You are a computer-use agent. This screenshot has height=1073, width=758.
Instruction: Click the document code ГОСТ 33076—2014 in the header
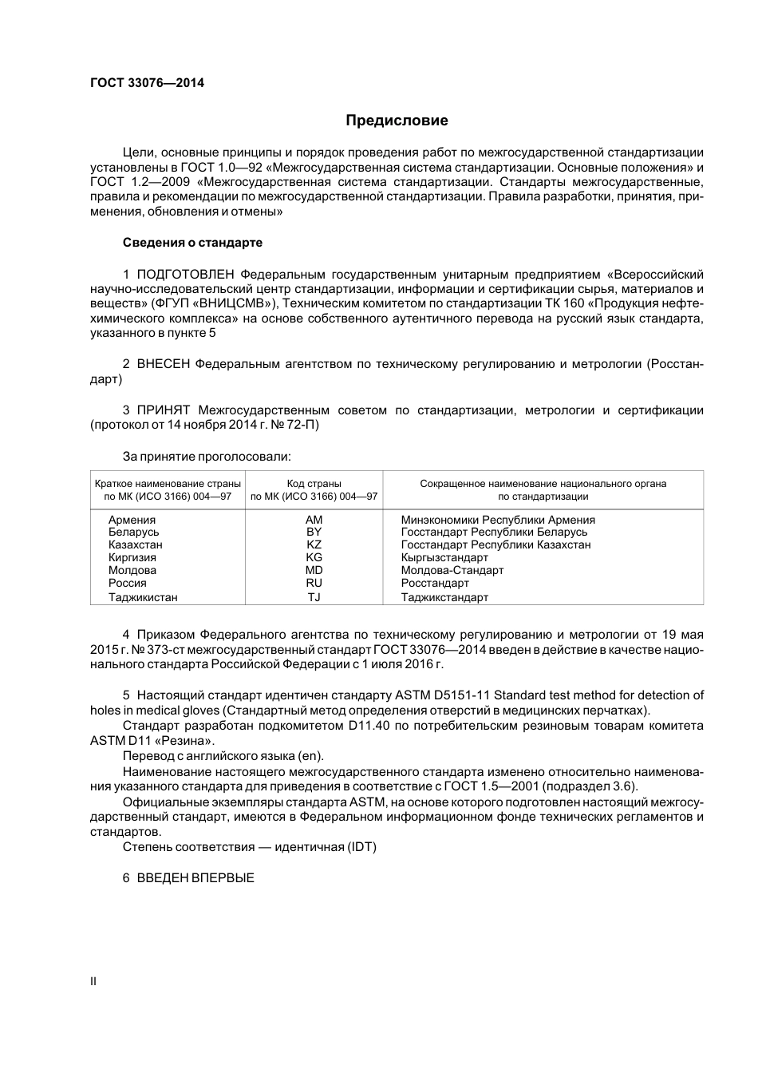147,82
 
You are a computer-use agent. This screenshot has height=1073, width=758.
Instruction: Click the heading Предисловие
397,121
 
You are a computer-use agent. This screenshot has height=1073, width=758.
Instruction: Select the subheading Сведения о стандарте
192,242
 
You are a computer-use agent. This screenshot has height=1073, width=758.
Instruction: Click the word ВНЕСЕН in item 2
164,364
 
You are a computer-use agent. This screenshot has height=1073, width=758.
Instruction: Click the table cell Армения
132,520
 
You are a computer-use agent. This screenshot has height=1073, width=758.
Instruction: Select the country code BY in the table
314,532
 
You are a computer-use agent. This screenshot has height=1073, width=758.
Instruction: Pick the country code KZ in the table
314,544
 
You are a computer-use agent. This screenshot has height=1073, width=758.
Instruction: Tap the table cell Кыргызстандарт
444,557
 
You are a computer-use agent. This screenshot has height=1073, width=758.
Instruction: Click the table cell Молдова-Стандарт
452,570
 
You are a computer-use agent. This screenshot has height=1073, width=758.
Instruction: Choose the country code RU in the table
314,583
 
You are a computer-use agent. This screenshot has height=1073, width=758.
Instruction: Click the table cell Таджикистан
143,597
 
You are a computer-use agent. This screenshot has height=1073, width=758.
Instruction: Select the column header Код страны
314,483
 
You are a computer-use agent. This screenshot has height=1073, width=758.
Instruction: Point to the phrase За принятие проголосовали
207,457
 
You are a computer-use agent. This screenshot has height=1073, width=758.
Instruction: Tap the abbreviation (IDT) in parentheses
361,847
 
